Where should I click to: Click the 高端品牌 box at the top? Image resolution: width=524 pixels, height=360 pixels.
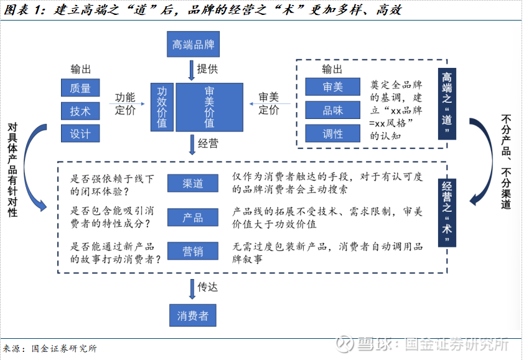(x=193, y=44)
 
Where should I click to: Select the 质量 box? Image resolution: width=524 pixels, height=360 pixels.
(x=80, y=88)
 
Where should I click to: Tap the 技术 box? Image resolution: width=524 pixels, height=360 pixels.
(x=80, y=111)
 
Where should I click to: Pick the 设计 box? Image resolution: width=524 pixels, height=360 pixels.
(x=80, y=133)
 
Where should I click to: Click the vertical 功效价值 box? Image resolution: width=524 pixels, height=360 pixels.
(x=162, y=107)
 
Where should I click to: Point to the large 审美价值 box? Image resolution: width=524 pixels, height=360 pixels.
(x=210, y=107)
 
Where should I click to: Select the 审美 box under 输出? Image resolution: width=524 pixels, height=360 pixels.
(x=332, y=87)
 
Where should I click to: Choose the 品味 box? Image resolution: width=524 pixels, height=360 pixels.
(x=332, y=110)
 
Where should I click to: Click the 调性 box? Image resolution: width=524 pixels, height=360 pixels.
(x=332, y=133)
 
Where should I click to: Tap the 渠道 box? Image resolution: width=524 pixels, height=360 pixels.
(x=193, y=183)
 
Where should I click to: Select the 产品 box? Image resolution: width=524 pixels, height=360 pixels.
(x=193, y=217)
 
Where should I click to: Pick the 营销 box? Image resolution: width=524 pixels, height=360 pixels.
(x=193, y=251)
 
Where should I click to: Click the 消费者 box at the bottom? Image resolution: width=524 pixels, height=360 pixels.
(x=193, y=315)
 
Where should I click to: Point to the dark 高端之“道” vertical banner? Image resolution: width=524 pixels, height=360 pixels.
(x=447, y=104)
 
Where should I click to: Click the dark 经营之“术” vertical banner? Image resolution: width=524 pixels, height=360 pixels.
(x=447, y=213)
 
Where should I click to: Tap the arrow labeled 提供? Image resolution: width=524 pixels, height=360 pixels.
(x=192, y=70)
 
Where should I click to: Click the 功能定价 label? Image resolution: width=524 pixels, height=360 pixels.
(x=125, y=104)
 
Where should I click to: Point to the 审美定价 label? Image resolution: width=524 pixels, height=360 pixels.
(x=269, y=103)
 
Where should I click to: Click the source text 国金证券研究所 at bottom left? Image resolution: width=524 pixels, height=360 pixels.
(x=64, y=349)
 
